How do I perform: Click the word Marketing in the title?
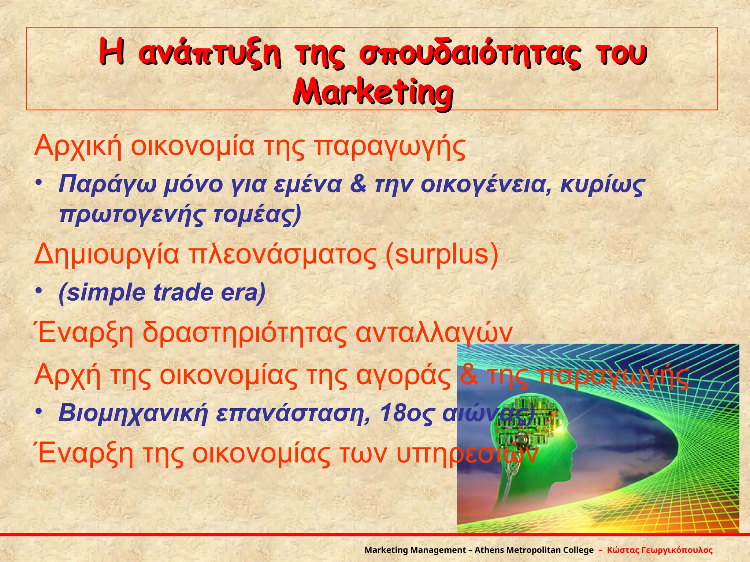[373, 91]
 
